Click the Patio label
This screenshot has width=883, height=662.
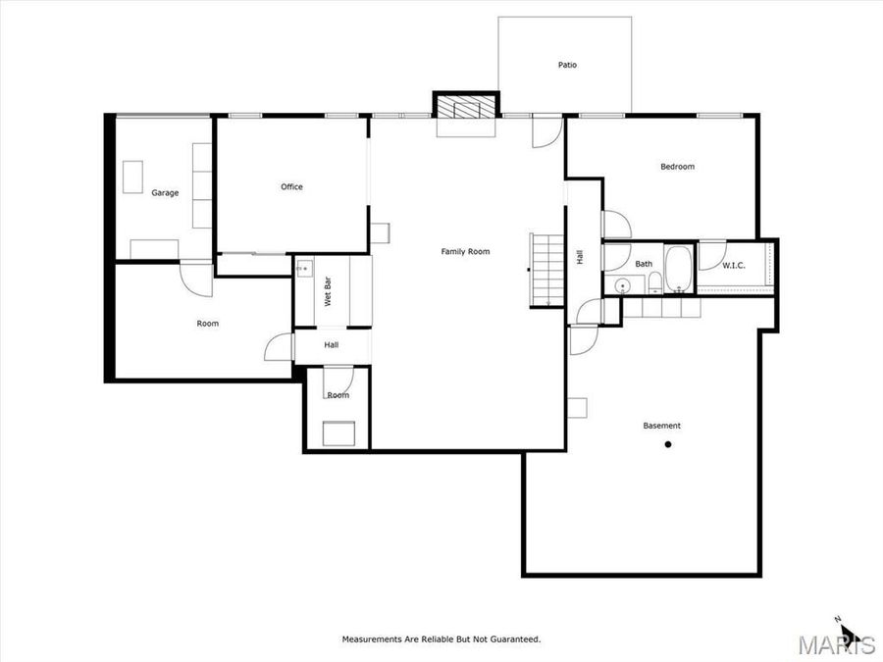tap(567, 66)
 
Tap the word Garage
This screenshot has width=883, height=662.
tap(165, 193)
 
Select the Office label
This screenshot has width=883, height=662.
tap(291, 187)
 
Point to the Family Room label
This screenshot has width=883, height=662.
tap(465, 252)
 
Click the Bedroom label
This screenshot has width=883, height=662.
tap(677, 167)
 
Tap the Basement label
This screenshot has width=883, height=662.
tap(661, 426)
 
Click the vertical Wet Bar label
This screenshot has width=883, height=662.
tap(329, 292)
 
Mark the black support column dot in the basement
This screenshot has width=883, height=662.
tap(668, 444)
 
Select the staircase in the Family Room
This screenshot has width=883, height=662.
tap(544, 270)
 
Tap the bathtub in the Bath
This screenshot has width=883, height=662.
tap(679, 270)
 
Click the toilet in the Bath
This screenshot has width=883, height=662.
tap(654, 284)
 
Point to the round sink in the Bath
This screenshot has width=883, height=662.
tap(623, 286)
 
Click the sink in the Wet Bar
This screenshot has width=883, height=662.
tap(303, 267)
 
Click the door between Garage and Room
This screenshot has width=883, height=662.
tap(195, 278)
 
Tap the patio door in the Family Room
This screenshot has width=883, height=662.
tap(546, 130)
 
